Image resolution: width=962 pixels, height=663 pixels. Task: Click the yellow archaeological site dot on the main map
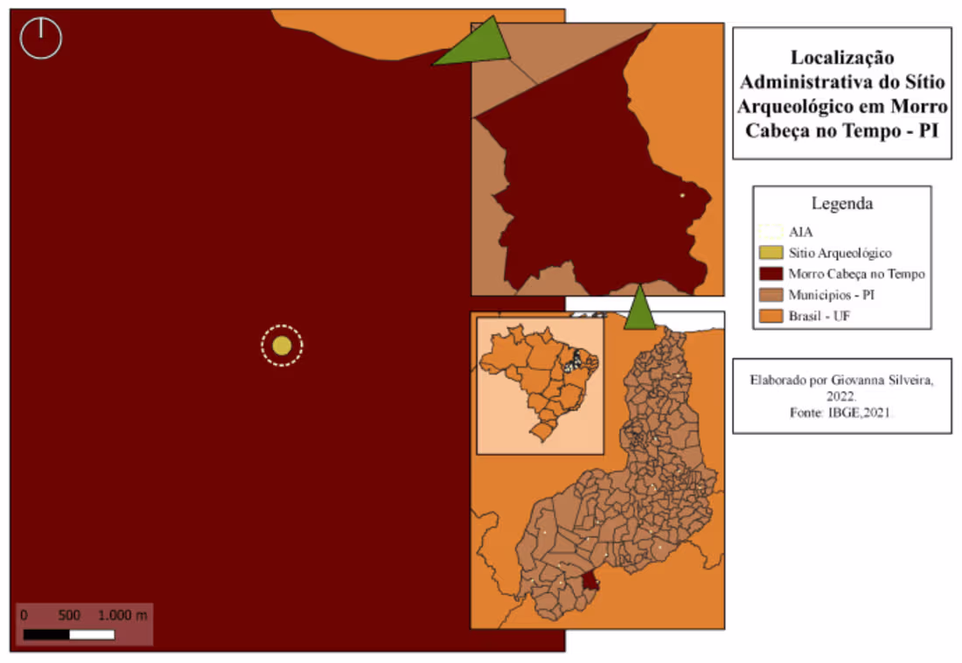(x=282, y=345)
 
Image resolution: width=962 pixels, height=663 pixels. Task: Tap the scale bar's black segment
(x=46, y=634)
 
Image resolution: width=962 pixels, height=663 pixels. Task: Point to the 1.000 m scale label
(x=122, y=615)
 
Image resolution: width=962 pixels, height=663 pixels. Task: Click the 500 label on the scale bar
(x=69, y=615)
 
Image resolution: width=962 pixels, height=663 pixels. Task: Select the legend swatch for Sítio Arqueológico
(x=770, y=253)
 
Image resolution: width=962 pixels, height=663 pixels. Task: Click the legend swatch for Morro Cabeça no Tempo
(x=770, y=274)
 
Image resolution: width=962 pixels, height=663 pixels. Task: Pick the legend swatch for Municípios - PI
(x=770, y=295)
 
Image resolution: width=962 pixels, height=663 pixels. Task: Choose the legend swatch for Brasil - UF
(x=770, y=316)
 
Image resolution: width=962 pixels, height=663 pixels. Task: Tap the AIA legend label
(x=800, y=232)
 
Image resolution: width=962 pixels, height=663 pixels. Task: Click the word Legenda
(x=841, y=204)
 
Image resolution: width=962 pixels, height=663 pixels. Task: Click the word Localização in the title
(x=841, y=59)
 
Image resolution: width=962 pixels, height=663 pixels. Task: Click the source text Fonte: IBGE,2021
(x=841, y=413)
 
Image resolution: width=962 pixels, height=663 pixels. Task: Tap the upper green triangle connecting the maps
(x=477, y=45)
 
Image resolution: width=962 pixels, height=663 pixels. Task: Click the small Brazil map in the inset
(x=540, y=386)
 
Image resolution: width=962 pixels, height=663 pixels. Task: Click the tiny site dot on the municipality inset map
(x=682, y=195)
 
